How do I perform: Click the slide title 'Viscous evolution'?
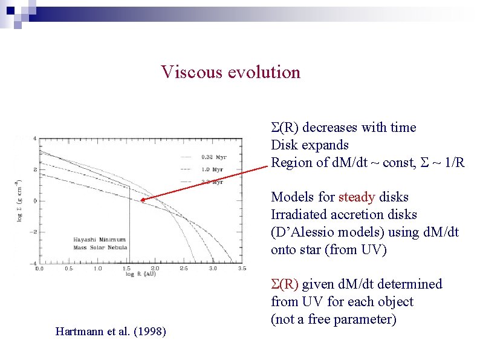(x=230, y=72)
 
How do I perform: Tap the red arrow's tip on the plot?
(x=141, y=201)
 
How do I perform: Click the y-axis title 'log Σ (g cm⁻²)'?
(x=19, y=200)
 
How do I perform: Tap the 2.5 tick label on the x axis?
(x=183, y=268)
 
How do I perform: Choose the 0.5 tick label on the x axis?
(x=68, y=268)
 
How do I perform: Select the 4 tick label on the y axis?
(x=34, y=139)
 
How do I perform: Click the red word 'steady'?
(x=356, y=197)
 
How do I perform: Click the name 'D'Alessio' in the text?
(x=302, y=232)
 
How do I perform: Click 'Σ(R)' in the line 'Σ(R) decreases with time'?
(x=285, y=128)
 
